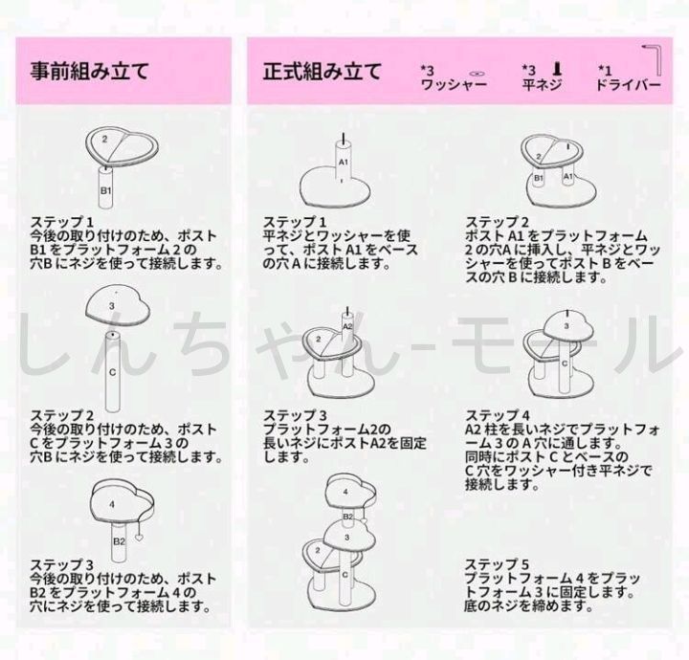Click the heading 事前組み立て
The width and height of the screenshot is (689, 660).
[x=90, y=72]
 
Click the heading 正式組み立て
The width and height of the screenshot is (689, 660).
[x=322, y=72]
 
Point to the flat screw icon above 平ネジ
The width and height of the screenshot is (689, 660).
[x=557, y=69]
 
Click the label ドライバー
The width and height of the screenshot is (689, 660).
[x=629, y=85]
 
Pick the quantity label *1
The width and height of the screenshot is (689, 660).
[x=605, y=70]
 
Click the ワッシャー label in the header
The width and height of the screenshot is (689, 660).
[x=454, y=85]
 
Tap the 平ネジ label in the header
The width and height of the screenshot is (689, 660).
[x=542, y=85]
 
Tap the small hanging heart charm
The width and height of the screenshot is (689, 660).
[x=140, y=537]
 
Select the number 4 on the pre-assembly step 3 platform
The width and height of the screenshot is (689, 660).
[x=113, y=504]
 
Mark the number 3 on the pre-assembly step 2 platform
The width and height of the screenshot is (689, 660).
[x=112, y=306]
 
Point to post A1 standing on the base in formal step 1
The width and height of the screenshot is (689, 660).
[x=343, y=162]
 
